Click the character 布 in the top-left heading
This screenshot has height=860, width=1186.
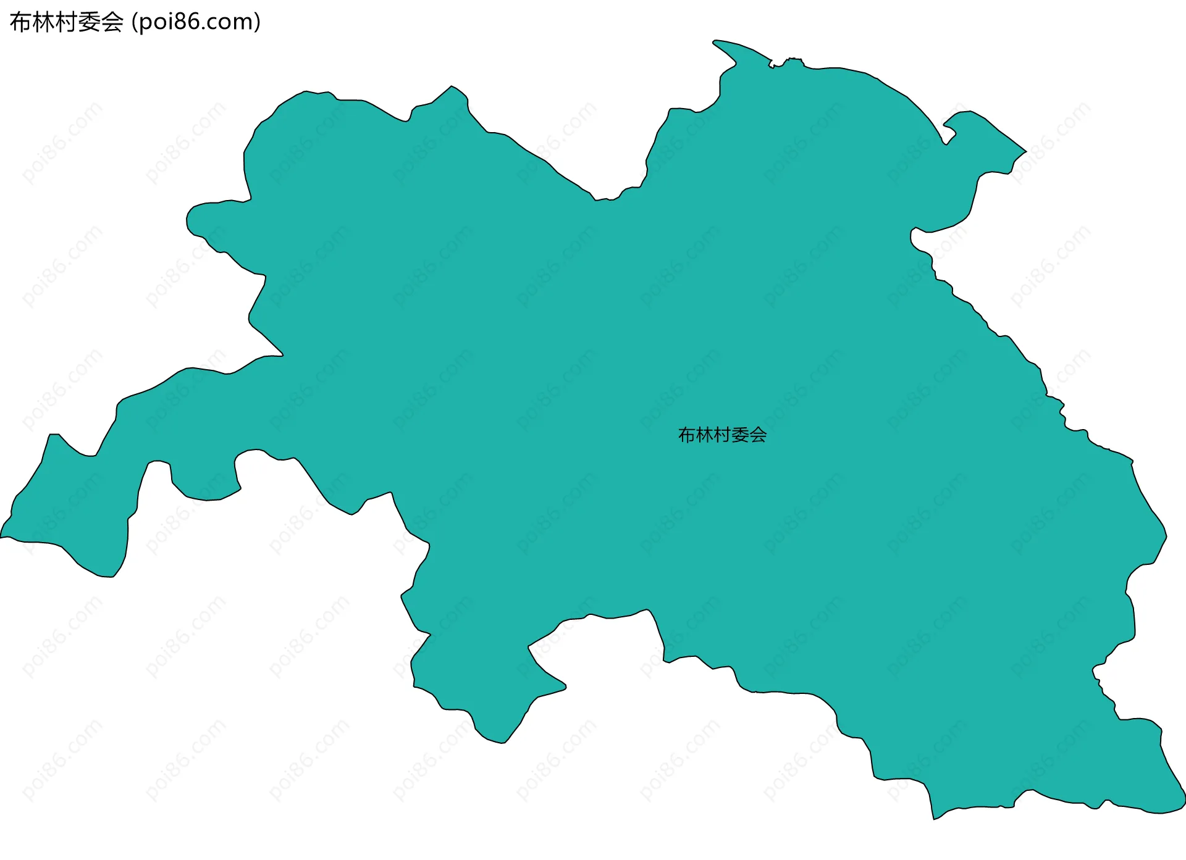click(x=21, y=22)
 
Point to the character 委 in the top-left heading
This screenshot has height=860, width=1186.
click(x=90, y=22)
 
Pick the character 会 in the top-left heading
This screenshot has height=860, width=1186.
click(x=112, y=22)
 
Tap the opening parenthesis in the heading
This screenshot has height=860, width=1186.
click(x=135, y=22)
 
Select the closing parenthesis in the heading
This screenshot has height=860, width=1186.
click(x=257, y=22)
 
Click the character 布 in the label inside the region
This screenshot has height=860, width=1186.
click(x=687, y=435)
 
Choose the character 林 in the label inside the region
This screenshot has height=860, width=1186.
click(x=705, y=435)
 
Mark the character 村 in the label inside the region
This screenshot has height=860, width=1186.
click(x=723, y=435)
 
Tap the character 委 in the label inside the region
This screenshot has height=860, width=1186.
click(x=741, y=435)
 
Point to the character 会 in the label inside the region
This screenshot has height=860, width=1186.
click(x=759, y=435)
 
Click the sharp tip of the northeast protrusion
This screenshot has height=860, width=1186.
click(x=1025, y=151)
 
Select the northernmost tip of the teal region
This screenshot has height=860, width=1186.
click(x=715, y=41)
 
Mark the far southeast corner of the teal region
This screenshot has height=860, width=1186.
click(x=1184, y=803)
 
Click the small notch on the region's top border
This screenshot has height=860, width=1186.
click(x=772, y=64)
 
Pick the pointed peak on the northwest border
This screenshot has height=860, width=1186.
click(x=452, y=86)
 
